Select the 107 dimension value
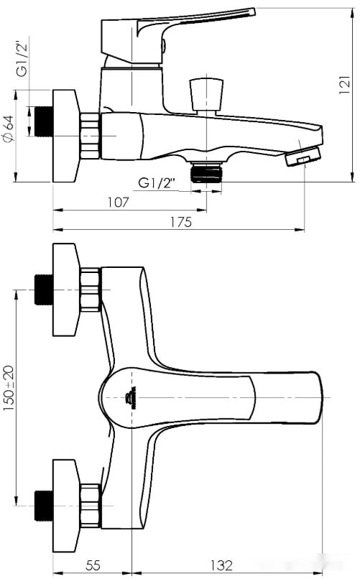118,203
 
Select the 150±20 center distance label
9,387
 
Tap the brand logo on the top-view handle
131,394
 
